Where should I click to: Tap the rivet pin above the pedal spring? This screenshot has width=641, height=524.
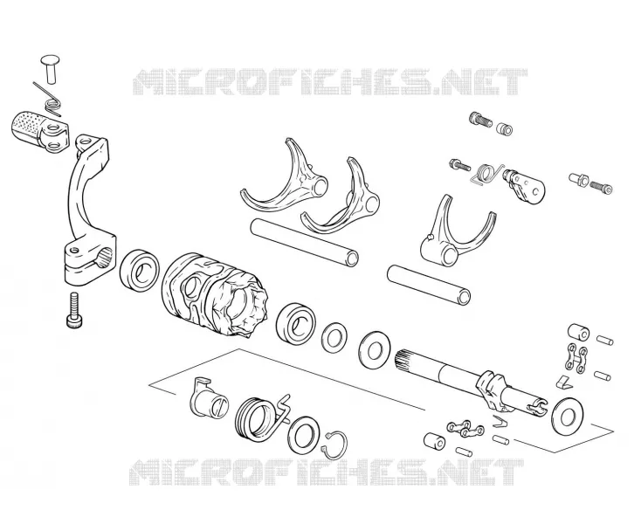50,69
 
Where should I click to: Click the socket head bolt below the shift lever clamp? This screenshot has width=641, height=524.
74,310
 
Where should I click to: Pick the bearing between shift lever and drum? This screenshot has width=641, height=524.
140,270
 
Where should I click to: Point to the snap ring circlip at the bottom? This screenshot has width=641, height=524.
335,444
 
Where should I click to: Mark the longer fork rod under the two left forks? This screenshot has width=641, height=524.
305,242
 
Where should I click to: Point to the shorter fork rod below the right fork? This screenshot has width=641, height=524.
429,284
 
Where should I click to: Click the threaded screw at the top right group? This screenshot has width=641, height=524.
479,120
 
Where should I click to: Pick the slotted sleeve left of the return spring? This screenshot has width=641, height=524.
207,398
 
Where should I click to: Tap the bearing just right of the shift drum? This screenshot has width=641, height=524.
295,322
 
